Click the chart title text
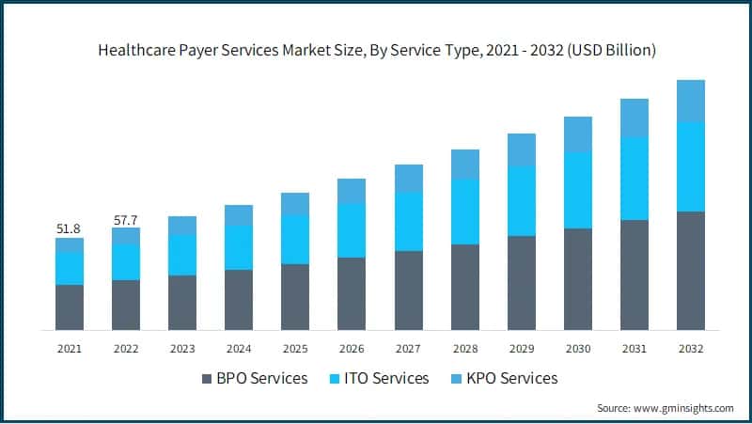pyautogui.click(x=376, y=51)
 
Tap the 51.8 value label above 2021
pyautogui.click(x=69, y=228)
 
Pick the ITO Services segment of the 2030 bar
pyautogui.click(x=578, y=190)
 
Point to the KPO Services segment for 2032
pyautogui.click(x=691, y=101)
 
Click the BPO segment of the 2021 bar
pyautogui.click(x=69, y=307)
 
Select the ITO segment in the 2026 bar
pyautogui.click(x=352, y=230)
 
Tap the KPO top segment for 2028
pyautogui.click(x=465, y=165)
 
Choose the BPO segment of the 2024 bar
pyautogui.click(x=239, y=300)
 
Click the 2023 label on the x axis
pyautogui.click(x=182, y=348)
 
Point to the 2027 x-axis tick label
pyautogui.click(x=408, y=348)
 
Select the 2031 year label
pyautogui.click(x=634, y=348)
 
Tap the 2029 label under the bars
pyautogui.click(x=522, y=348)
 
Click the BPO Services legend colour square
pyautogui.click(x=207, y=379)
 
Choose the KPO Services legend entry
pyautogui.click(x=507, y=378)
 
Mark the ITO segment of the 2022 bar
pyautogui.click(x=125, y=262)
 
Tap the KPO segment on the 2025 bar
pyautogui.click(x=295, y=204)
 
